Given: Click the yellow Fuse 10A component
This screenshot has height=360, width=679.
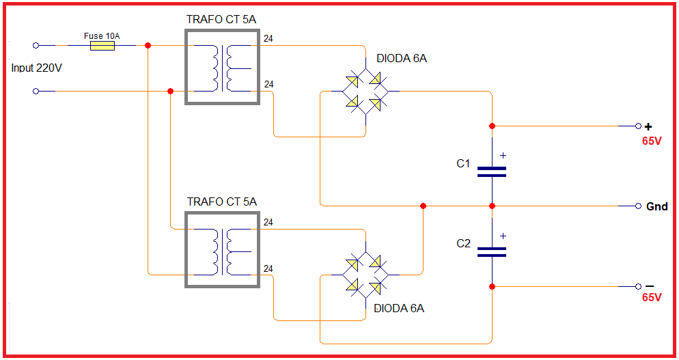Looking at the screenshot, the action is (102, 46).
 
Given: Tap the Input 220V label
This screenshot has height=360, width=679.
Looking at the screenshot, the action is (36, 68).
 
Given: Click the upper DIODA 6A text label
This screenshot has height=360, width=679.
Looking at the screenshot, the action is (402, 59).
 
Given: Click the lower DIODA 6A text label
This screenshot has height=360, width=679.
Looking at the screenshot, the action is (399, 309).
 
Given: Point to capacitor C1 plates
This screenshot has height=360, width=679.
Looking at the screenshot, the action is (492, 172).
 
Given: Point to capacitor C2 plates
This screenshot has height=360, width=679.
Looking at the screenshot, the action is (492, 252).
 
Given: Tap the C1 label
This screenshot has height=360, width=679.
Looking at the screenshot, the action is (463, 164).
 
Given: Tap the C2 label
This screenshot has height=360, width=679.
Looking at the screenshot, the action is (463, 243).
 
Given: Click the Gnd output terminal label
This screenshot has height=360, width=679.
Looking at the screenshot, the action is (657, 207).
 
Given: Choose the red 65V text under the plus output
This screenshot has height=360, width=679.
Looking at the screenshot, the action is (652, 141).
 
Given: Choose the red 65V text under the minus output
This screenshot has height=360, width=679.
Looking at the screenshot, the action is (652, 297).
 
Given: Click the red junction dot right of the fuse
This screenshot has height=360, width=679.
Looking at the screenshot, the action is (148, 46).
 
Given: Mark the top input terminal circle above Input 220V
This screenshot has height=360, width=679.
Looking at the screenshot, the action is (36, 46).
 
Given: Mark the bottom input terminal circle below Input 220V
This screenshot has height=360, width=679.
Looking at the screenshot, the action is (36, 92).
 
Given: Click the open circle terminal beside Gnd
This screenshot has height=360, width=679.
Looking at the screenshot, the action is (638, 206).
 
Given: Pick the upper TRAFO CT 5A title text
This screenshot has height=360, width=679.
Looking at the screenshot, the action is (221, 20).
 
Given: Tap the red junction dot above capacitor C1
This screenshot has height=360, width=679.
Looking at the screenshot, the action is (492, 126).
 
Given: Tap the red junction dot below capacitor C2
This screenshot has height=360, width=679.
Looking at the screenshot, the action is (492, 286).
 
